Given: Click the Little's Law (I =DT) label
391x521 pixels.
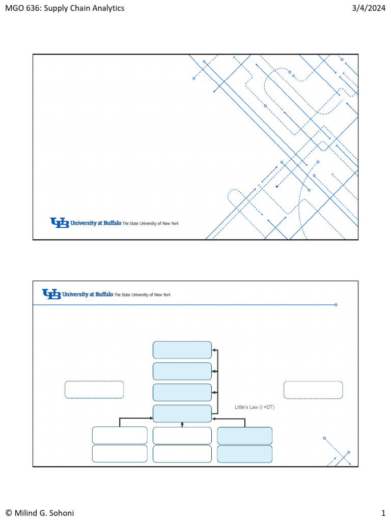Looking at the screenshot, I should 254,407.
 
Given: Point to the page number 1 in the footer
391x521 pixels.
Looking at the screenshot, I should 382,513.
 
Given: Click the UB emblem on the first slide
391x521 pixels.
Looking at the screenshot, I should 59,223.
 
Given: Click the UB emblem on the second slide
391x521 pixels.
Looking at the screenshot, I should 51,294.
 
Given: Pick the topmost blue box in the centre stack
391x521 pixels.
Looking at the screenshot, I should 182,350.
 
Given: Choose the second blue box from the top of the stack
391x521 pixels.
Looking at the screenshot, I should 182,371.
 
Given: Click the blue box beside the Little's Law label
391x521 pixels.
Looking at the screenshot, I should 182,414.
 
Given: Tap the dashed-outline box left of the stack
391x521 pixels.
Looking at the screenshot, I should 94,390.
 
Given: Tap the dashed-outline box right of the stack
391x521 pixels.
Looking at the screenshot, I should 313,390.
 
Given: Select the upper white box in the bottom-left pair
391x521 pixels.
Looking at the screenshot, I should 120,436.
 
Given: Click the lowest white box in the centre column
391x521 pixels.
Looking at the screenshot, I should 182,454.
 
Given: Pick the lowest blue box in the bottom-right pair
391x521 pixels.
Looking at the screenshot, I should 245,454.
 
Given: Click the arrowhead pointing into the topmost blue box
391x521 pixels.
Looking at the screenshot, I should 214,350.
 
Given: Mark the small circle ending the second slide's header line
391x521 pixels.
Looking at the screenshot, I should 336,305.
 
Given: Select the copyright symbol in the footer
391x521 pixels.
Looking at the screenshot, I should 8,513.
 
